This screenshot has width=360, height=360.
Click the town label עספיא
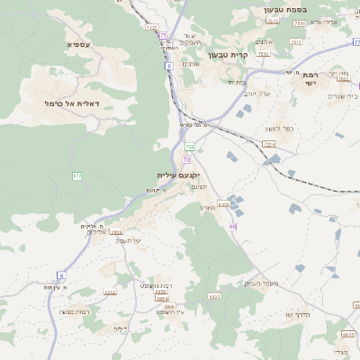coord(78,44)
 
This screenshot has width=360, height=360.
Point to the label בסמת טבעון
coord(285,10)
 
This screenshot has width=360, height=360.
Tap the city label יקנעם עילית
coord(178,175)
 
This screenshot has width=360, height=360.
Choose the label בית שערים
coord(343,95)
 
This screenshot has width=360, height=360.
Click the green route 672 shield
coord(77,175)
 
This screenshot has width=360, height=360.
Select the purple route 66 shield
coord(232,226)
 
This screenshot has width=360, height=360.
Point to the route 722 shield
coord(190,145)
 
